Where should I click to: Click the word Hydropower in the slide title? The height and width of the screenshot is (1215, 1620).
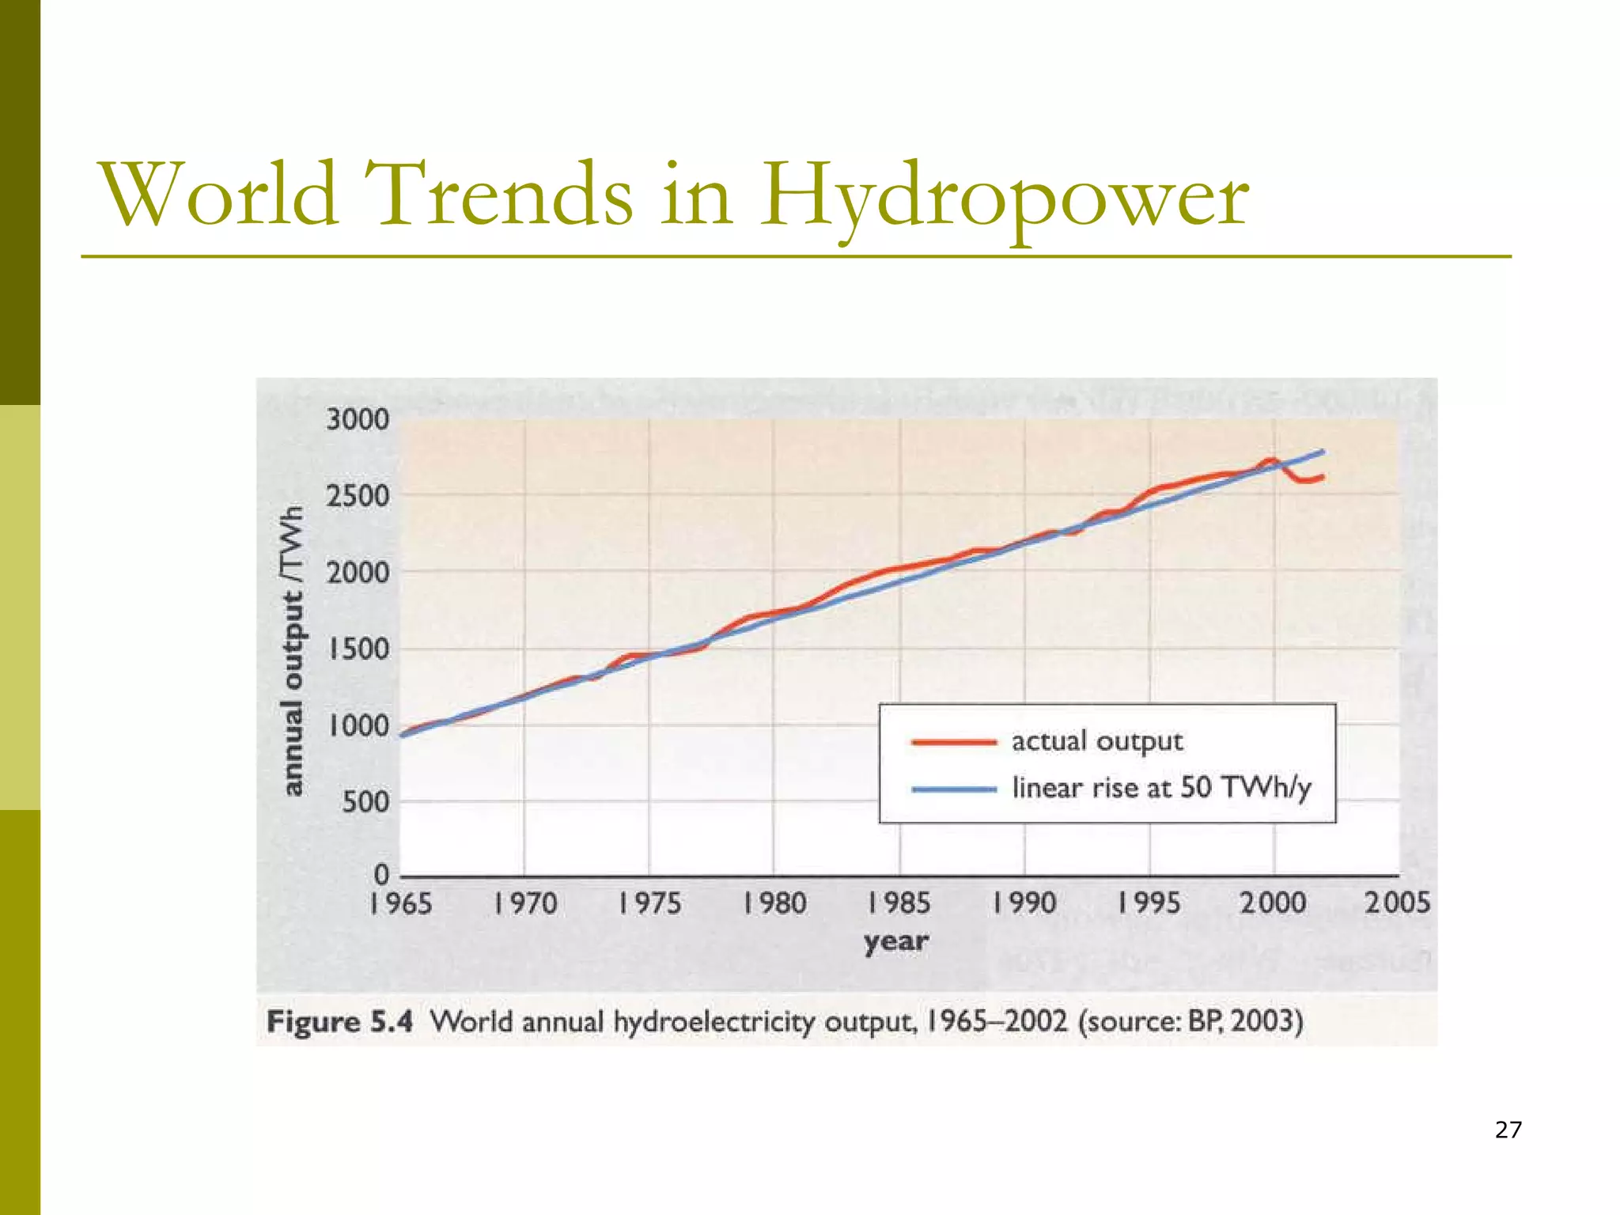(1005, 196)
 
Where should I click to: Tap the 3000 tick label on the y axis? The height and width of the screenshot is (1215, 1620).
(358, 420)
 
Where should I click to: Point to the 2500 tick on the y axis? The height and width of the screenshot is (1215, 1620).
(358, 497)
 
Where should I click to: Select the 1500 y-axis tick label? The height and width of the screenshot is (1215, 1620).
(358, 650)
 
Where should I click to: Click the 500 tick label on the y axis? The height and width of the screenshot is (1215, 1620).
(365, 803)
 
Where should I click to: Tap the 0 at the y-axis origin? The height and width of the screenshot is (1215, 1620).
(382, 874)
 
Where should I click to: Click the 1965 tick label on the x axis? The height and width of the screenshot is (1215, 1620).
(400, 903)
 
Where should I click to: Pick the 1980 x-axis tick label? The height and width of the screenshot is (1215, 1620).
(774, 903)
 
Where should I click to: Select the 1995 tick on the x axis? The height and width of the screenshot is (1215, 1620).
(1149, 903)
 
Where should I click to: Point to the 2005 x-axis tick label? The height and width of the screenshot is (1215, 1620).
(1398, 903)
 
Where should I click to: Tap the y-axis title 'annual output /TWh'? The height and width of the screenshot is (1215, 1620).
(293, 650)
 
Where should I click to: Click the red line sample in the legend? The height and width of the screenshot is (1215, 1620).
(953, 742)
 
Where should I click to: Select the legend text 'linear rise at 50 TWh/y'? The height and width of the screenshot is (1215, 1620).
(1161, 789)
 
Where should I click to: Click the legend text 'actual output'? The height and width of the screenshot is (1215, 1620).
(1096, 742)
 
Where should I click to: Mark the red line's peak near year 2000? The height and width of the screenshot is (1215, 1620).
(1270, 460)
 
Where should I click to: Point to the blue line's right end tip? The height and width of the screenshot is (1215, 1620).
(1323, 452)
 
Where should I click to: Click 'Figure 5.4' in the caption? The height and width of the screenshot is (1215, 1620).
(339, 1021)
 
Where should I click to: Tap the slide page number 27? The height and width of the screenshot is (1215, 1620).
(1508, 1130)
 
